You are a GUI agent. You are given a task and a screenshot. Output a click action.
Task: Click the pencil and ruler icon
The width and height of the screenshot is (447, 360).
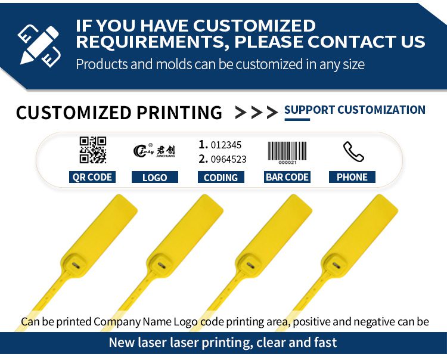click(x=39, y=46)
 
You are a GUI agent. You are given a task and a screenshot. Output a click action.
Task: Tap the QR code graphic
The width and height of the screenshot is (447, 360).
click(x=92, y=150)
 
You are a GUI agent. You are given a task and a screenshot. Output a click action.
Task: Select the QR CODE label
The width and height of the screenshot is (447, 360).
click(x=92, y=177)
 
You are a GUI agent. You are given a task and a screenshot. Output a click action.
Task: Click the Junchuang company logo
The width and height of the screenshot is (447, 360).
click(x=154, y=151)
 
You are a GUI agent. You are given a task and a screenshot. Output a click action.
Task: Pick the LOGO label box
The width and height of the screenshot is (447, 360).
click(x=155, y=177)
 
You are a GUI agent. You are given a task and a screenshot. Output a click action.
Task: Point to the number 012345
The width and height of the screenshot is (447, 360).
click(x=226, y=145)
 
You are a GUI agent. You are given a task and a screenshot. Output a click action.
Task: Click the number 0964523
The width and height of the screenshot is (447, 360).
click(x=229, y=159)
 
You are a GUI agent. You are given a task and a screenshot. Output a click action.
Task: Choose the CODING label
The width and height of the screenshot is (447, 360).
click(x=221, y=177)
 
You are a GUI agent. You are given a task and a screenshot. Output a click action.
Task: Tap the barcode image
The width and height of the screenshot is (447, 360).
click(x=287, y=153)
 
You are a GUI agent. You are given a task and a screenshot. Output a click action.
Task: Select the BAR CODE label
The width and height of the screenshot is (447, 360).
click(x=287, y=177)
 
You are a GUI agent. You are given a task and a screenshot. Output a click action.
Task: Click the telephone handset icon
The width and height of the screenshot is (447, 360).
click(x=353, y=151)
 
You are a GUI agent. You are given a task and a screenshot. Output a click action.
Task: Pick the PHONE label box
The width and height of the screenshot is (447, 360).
click(x=352, y=177)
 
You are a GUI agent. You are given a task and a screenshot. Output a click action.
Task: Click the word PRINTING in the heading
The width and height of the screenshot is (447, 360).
click(x=179, y=113)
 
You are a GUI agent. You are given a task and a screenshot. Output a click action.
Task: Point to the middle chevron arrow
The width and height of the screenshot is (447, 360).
click(x=256, y=113)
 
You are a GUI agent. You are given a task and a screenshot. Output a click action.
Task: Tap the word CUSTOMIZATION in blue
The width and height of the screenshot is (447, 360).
click(x=381, y=110)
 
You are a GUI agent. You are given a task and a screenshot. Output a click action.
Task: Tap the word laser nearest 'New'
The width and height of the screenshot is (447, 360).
click(x=152, y=342)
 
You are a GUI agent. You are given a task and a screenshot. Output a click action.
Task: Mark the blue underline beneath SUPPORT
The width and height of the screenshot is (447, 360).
click(x=297, y=119)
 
